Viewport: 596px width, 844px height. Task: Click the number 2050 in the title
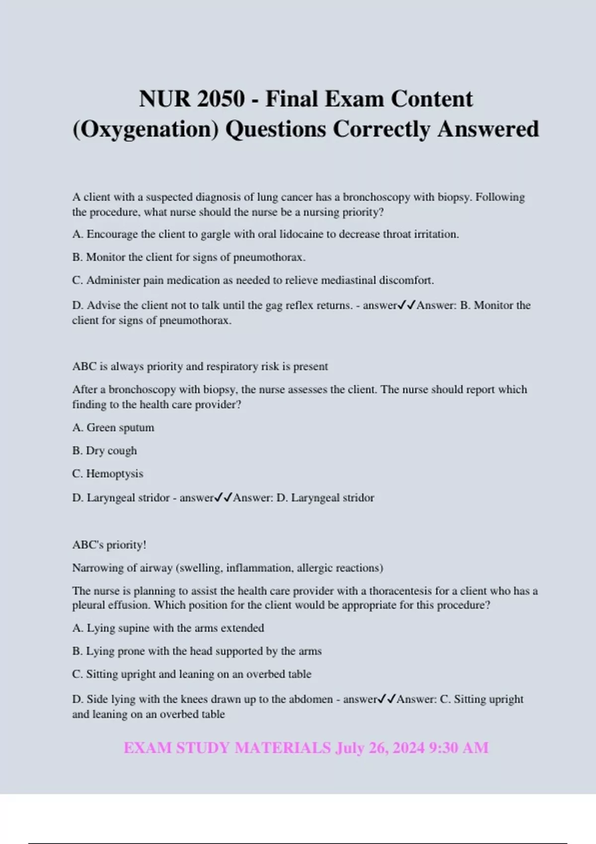[x=221, y=99]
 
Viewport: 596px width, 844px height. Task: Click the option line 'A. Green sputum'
[x=113, y=427]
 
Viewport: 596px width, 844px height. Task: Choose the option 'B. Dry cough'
[x=104, y=451]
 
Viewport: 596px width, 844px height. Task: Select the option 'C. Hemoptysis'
[x=108, y=474]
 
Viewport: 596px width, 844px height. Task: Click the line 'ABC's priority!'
[x=109, y=545]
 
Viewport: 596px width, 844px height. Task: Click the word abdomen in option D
[x=312, y=699]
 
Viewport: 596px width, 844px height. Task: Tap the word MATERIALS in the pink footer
[x=282, y=748]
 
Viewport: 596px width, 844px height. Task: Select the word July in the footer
[x=350, y=748]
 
